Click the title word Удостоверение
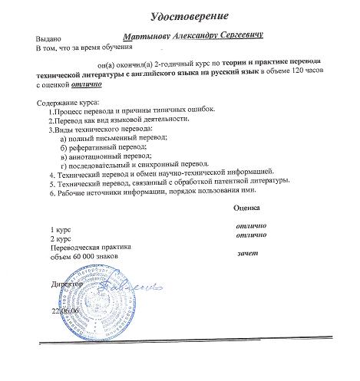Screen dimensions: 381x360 pos(193,14)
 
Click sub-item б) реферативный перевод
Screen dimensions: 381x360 pos(107,146)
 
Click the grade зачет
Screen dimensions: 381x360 pos(248,253)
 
